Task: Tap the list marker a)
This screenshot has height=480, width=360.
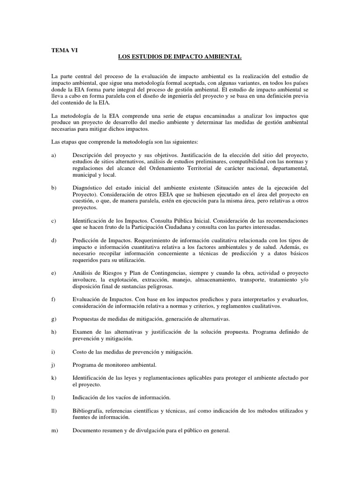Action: click(53, 155)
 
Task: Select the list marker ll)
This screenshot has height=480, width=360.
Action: click(54, 411)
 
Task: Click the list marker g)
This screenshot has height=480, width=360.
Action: click(54, 319)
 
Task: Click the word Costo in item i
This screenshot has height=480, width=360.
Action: click(81, 352)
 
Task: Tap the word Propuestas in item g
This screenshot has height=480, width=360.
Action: click(87, 319)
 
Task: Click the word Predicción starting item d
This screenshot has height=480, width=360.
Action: click(87, 240)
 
